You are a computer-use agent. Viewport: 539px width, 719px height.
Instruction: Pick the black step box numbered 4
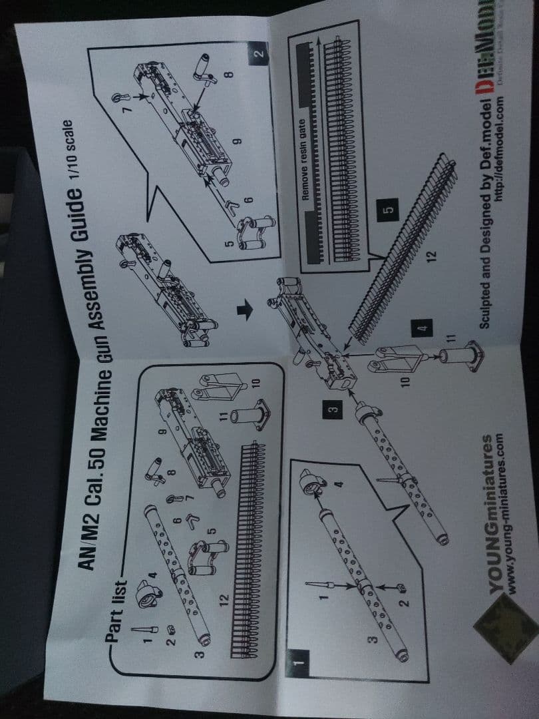pos(420,328)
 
